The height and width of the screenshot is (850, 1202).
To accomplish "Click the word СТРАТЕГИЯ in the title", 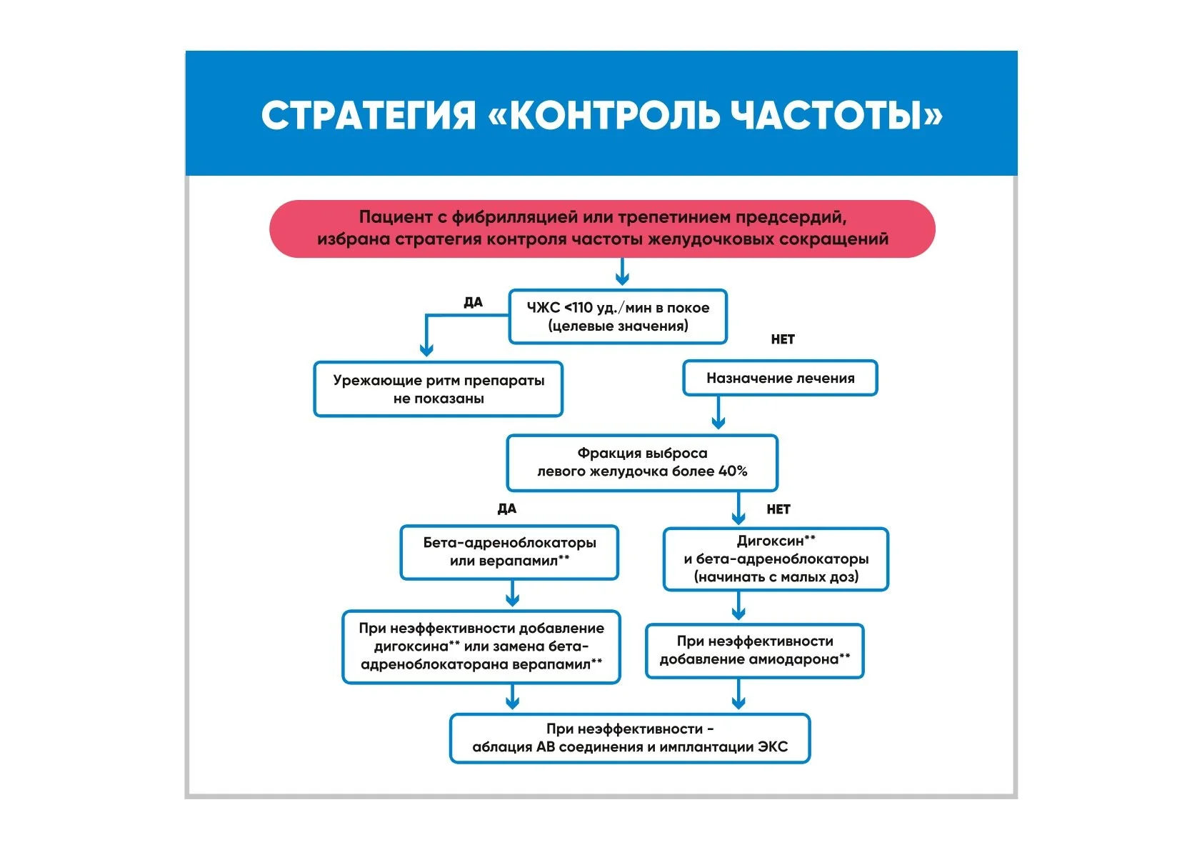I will click(368, 116).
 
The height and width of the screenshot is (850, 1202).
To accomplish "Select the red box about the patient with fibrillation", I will click(602, 229).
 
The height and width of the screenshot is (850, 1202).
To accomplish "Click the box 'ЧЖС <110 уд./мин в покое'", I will click(618, 316).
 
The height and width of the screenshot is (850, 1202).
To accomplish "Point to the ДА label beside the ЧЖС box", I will click(473, 302).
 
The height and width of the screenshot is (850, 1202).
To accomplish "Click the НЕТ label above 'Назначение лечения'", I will click(783, 339).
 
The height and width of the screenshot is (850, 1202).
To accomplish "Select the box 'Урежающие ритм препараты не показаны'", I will click(438, 389).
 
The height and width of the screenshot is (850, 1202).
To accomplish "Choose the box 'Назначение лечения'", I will click(780, 379).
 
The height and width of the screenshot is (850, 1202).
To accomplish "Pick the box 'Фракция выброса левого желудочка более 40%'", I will click(641, 463).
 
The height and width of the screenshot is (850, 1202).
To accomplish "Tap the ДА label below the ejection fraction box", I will click(506, 509).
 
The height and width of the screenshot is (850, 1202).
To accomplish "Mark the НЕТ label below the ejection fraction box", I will click(778, 509).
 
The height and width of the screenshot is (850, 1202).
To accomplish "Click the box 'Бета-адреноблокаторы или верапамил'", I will click(509, 552).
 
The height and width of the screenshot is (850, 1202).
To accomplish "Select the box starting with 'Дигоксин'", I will click(776, 559).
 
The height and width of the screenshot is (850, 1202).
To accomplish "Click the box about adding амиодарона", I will click(754, 651).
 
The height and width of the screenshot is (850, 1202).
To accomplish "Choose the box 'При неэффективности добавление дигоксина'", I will click(481, 646).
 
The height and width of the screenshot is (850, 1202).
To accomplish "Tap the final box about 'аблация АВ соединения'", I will click(629, 739).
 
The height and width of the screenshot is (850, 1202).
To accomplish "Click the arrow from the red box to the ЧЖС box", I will click(622, 273).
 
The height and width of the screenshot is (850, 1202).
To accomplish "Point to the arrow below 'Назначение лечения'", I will click(718, 414).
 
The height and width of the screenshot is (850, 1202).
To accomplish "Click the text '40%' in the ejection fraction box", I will click(733, 471).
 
